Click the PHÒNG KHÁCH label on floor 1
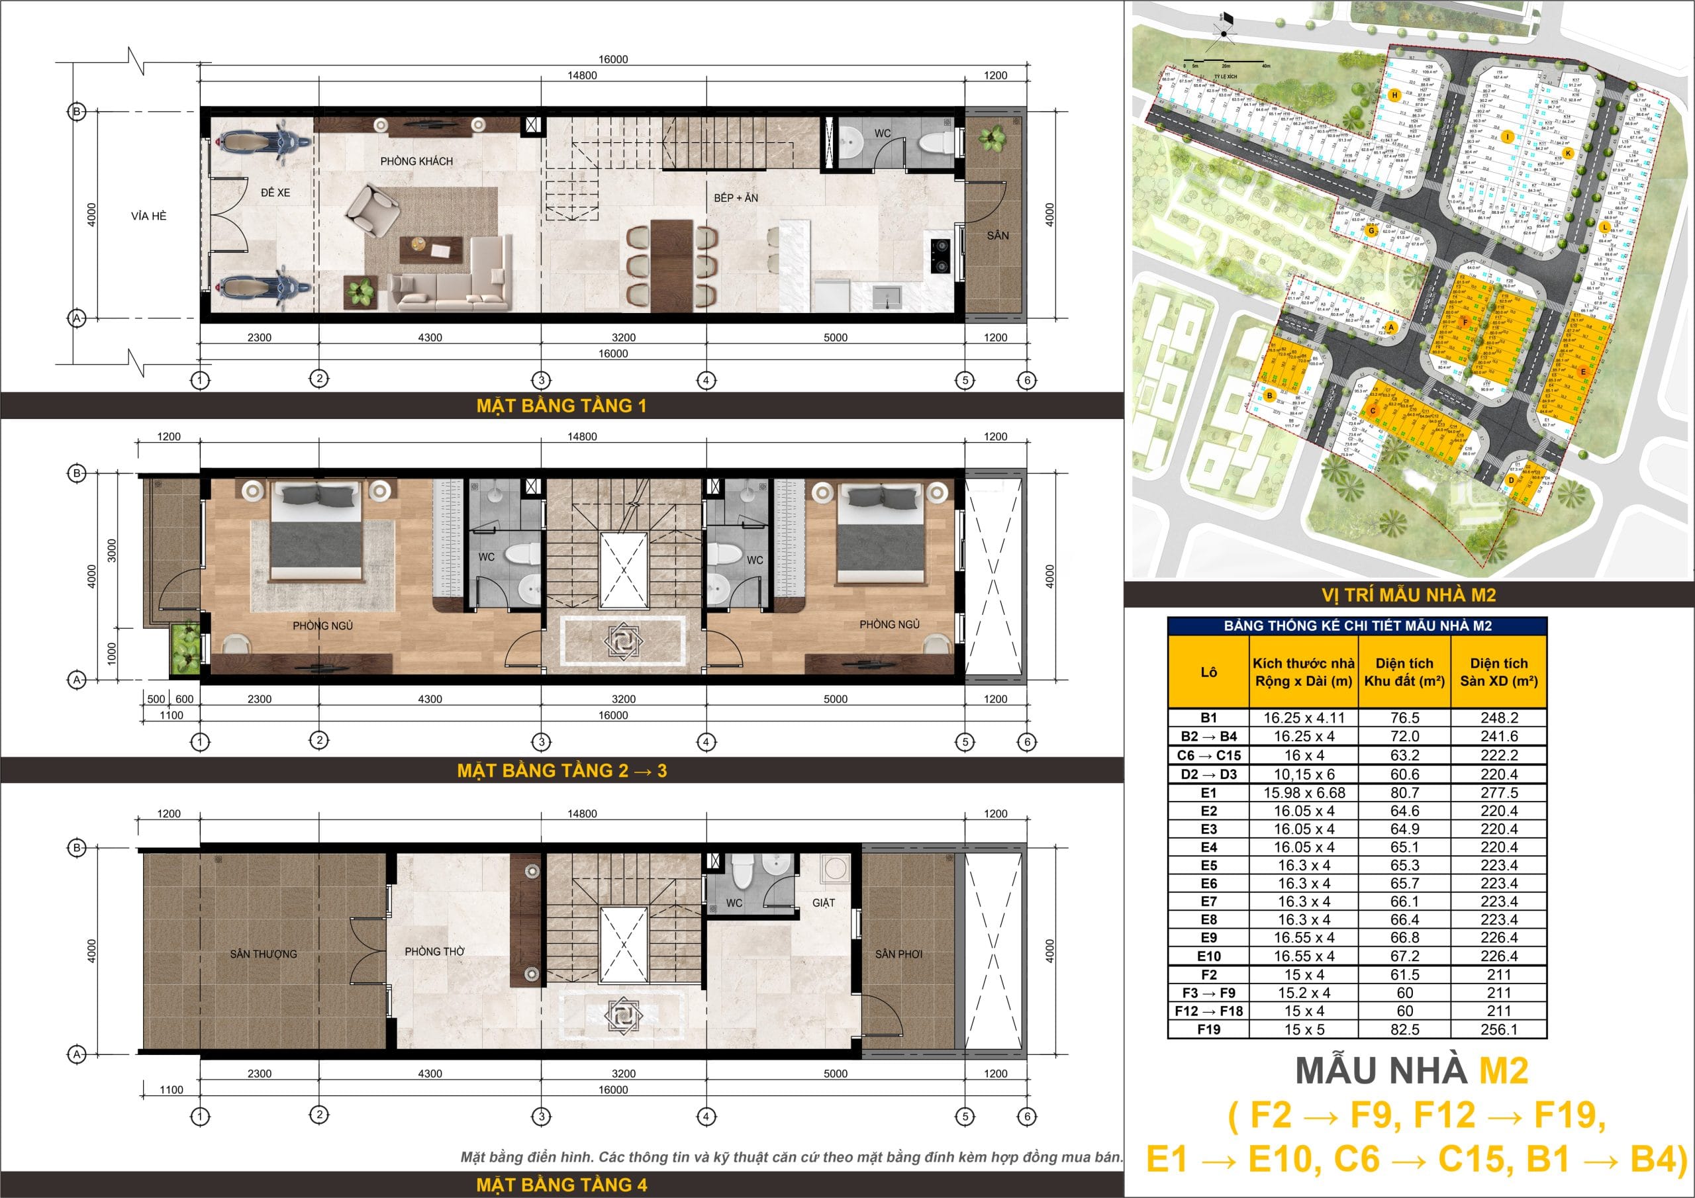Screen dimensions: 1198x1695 [x=416, y=161]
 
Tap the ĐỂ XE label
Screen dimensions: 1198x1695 [x=275, y=193]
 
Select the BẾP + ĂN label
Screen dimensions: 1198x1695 [x=736, y=198]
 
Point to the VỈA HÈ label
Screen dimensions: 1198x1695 [x=149, y=216]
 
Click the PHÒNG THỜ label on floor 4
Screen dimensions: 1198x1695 [x=434, y=952]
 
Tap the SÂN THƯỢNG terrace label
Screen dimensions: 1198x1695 [x=264, y=954]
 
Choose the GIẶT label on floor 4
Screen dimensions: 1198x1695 [x=823, y=902]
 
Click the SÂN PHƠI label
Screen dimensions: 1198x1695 [x=898, y=954]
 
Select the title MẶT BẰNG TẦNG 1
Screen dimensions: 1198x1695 [x=561, y=405]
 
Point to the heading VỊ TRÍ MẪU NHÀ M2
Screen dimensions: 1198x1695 [x=1408, y=595]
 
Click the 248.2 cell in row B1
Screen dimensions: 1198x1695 [x=1498, y=717]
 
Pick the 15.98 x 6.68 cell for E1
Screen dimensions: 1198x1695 [x=1304, y=793]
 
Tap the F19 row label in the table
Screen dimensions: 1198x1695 [x=1208, y=1029]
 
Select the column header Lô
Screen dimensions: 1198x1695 [x=1208, y=672]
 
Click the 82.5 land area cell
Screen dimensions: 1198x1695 [x=1404, y=1029]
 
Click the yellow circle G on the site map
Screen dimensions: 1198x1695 [x=1371, y=230]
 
